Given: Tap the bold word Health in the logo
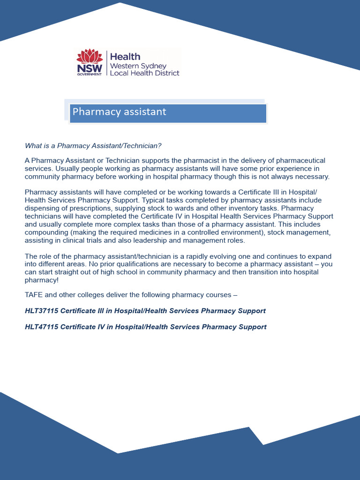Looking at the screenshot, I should pos(125,57).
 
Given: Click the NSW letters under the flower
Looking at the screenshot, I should pos(89,69).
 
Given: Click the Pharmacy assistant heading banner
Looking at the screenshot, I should pos(168,113).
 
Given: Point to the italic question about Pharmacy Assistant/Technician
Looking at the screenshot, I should pos(93,146).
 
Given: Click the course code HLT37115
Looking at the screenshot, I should pos(41,311).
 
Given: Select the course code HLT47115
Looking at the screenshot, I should pos(41,327).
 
